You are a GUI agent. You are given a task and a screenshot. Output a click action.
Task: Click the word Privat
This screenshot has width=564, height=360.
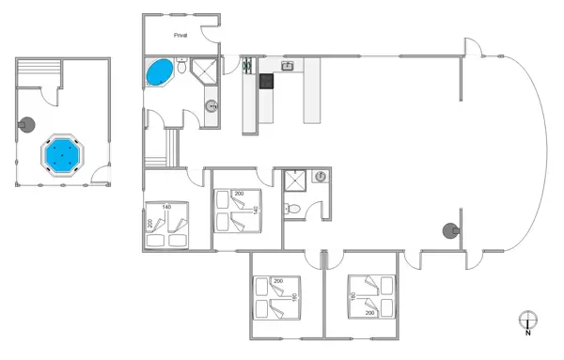180,35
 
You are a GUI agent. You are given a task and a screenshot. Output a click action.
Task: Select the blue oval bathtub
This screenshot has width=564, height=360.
160,72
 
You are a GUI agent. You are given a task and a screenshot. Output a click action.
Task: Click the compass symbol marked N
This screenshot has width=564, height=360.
527,321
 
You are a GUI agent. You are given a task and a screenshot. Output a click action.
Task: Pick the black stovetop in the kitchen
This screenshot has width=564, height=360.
267,81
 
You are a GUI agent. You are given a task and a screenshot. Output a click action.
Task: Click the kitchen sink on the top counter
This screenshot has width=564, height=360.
289,66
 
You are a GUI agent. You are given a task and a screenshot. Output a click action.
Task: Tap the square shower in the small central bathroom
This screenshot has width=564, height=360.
296,181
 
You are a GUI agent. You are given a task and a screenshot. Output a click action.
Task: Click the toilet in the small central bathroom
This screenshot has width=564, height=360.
294,209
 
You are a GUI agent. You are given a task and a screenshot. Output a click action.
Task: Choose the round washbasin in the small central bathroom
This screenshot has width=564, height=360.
321,177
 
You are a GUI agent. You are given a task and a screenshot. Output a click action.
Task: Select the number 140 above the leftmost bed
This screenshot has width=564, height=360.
165,206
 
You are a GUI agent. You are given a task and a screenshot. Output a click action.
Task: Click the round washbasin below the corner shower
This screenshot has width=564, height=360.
212,106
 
